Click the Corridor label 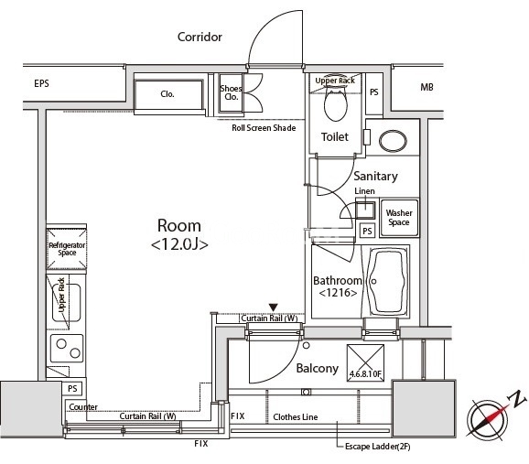(x=200, y=37)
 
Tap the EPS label (x=41, y=83)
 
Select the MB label (x=426, y=88)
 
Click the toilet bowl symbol (x=335, y=103)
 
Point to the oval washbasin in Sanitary (x=393, y=141)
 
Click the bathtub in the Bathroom (x=386, y=281)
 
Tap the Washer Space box (x=399, y=218)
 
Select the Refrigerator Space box (x=67, y=249)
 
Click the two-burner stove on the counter (x=67, y=348)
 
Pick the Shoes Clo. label (x=232, y=92)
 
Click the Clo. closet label (x=167, y=94)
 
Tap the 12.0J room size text (x=179, y=244)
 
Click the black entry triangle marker (x=274, y=308)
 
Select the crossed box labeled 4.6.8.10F (x=366, y=363)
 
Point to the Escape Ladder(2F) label (x=377, y=447)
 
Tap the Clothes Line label (x=296, y=417)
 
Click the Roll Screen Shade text (x=264, y=128)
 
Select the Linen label (x=364, y=191)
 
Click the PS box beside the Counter (x=72, y=388)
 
